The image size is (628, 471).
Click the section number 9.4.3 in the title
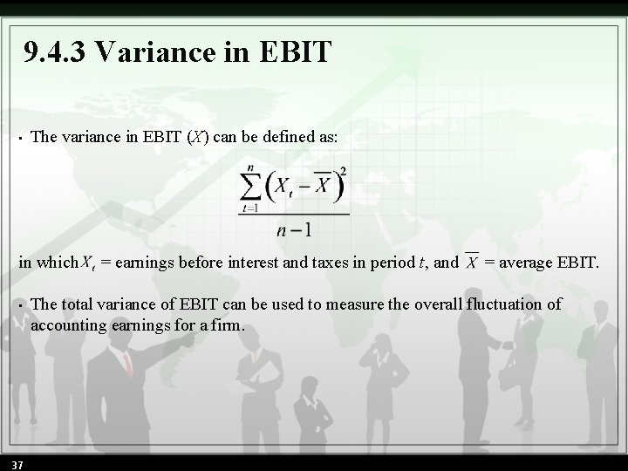57,52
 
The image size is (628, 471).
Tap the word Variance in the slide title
152,52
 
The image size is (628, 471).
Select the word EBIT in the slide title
296,52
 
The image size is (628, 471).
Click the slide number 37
17,464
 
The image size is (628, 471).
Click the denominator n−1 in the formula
294,230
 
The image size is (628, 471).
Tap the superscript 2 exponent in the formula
343,170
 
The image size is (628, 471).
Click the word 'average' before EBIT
529,262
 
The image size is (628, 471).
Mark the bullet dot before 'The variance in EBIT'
19,139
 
